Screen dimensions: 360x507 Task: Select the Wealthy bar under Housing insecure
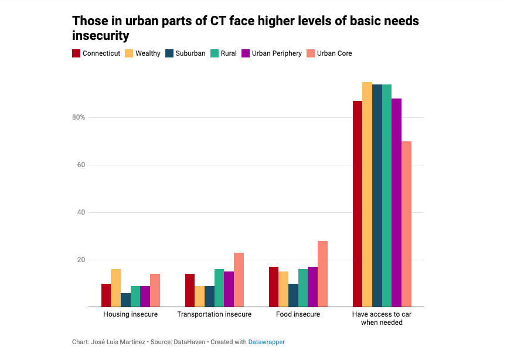[116, 288]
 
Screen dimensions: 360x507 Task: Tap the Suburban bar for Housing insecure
[125, 300]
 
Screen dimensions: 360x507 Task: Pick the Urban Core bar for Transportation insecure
[239, 280]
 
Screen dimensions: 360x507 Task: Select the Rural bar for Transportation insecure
[219, 288]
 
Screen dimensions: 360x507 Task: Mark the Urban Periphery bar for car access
[396, 203]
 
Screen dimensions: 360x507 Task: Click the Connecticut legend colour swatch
[76, 53]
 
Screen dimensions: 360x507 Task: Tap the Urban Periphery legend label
[277, 53]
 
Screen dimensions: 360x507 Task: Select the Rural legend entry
[229, 53]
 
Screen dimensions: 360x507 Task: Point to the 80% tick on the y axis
[79, 117]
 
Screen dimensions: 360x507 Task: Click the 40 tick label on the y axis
[81, 212]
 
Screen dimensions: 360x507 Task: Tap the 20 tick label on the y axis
[81, 260]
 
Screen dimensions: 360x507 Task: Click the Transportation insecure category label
[214, 315]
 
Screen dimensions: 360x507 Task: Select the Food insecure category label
[298, 315]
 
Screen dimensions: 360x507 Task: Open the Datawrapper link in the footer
[266, 342]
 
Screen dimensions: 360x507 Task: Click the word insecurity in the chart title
[100, 36]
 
